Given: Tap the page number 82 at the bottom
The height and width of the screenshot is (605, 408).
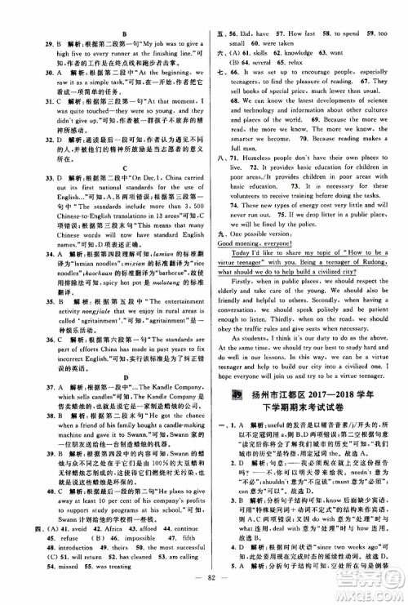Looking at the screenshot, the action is tap(203, 591).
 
